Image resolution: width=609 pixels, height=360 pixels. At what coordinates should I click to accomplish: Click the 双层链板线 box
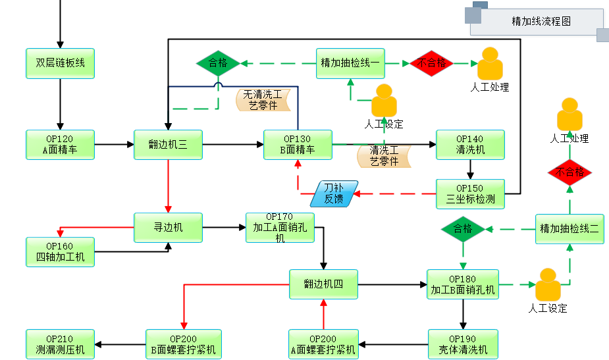pos(61,63)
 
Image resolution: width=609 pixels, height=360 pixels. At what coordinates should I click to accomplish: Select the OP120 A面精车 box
pos(61,145)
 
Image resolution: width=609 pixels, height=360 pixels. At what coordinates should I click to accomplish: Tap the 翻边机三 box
pos(168,145)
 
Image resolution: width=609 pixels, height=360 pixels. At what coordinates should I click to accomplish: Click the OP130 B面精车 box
pos(298,145)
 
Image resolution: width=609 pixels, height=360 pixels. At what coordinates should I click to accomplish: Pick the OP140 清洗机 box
pos(470,145)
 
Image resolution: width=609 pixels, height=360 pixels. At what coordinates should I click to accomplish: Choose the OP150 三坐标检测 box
pos(470,194)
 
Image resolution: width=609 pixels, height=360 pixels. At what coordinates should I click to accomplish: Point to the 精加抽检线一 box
pos(350,63)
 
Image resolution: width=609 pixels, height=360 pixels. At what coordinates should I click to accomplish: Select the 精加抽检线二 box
pos(569,228)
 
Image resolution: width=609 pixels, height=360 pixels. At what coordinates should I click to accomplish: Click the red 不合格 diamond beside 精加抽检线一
pos(432,63)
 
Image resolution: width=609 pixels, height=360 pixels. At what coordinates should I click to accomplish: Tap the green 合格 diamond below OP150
pos(463,229)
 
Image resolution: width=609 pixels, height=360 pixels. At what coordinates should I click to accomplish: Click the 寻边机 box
pos(168,228)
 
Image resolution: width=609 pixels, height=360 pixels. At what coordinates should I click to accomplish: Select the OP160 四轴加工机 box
pos(61,252)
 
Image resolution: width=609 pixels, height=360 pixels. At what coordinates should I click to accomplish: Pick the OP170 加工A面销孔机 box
pos(280,228)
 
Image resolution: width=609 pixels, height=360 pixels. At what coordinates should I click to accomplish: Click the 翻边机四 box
pos(323,284)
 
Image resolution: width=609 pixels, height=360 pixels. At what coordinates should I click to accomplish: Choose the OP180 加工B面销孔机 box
pos(462,284)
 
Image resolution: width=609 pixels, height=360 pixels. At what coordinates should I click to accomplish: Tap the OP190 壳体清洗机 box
pos(462,344)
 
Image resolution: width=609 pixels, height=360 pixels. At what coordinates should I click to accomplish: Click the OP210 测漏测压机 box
pos(61,344)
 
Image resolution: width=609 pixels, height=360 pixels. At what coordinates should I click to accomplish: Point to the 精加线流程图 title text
pos(541,22)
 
